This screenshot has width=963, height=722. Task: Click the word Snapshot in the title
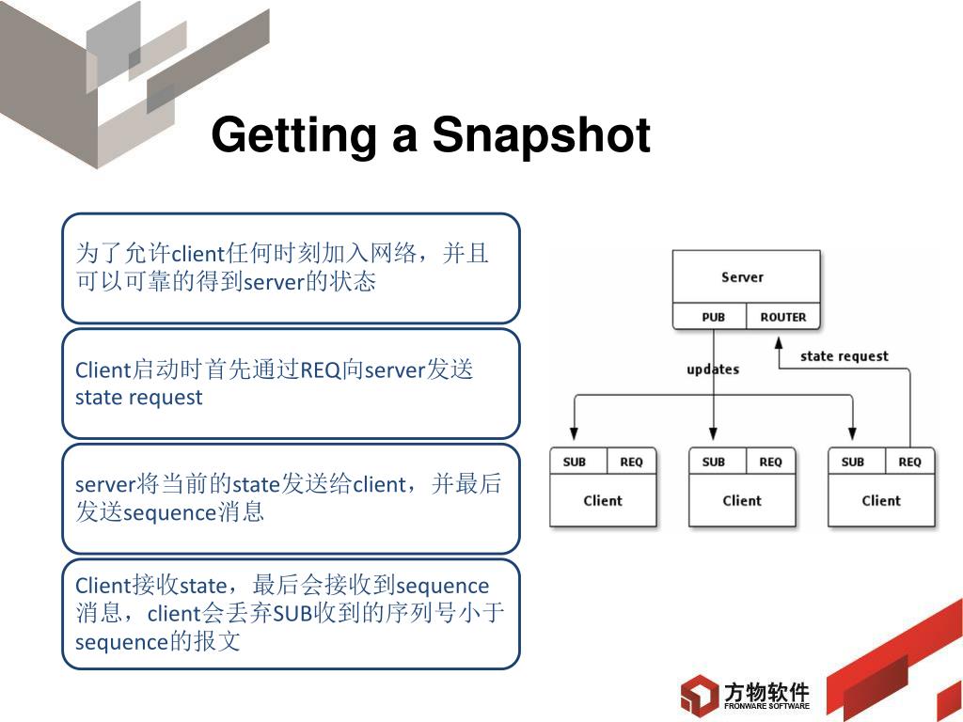point(541,136)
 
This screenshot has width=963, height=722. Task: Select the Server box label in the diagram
point(742,277)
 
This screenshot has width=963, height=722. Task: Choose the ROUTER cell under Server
point(782,317)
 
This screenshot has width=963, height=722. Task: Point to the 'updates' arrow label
point(713,369)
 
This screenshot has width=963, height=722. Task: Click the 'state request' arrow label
point(844,356)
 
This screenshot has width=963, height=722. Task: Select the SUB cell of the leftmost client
point(574,462)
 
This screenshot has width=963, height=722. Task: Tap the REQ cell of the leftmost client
point(631,462)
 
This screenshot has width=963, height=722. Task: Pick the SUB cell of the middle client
point(713,462)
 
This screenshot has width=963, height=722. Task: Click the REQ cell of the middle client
point(770,462)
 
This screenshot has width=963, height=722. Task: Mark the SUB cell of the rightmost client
point(852,462)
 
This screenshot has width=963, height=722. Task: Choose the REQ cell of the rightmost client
point(909,462)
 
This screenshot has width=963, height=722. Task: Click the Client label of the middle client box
point(742,501)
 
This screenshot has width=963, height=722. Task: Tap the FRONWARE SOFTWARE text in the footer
point(766,706)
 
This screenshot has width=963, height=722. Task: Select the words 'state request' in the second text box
point(138,398)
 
